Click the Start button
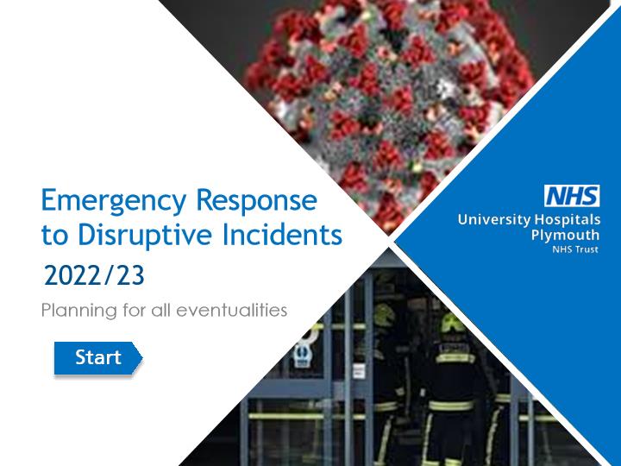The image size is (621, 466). (97, 358)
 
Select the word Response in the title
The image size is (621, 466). (257, 201)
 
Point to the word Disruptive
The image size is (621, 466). (145, 234)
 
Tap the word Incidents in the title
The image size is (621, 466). (282, 234)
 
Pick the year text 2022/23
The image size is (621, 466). (94, 275)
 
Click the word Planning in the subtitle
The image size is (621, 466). (79, 311)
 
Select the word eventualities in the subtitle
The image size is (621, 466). (232, 310)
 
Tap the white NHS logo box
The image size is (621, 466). (572, 196)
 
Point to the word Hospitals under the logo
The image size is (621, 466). (568, 219)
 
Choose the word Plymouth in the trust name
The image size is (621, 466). (565, 235)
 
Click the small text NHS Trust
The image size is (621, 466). (575, 249)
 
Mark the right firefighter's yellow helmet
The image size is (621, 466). (453, 322)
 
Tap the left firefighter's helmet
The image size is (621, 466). (384, 315)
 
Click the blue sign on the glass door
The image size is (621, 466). (302, 355)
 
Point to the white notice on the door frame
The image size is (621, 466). (359, 371)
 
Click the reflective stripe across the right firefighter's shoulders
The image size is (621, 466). (455, 359)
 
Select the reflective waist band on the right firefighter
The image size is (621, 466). (451, 406)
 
